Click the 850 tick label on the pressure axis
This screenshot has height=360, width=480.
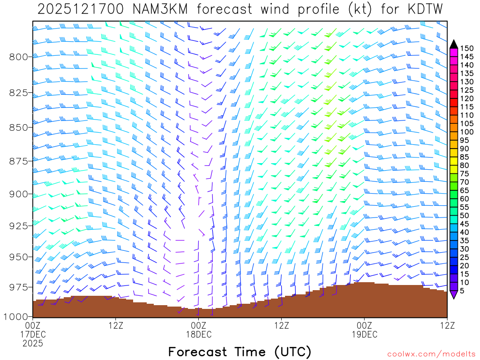pos(19,127)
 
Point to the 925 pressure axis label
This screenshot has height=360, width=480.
pos(19,225)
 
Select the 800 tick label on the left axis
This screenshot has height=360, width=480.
pos(19,57)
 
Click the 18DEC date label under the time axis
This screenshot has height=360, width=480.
pos(198,334)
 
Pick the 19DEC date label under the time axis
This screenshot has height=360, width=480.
pos(364,334)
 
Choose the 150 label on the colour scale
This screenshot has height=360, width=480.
pos(467,48)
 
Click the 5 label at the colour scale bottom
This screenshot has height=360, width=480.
pos(463,291)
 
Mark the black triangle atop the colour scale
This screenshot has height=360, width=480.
pos(454,44)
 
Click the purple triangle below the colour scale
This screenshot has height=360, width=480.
pos(454,295)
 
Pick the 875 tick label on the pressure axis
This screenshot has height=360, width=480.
pos(19,161)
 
